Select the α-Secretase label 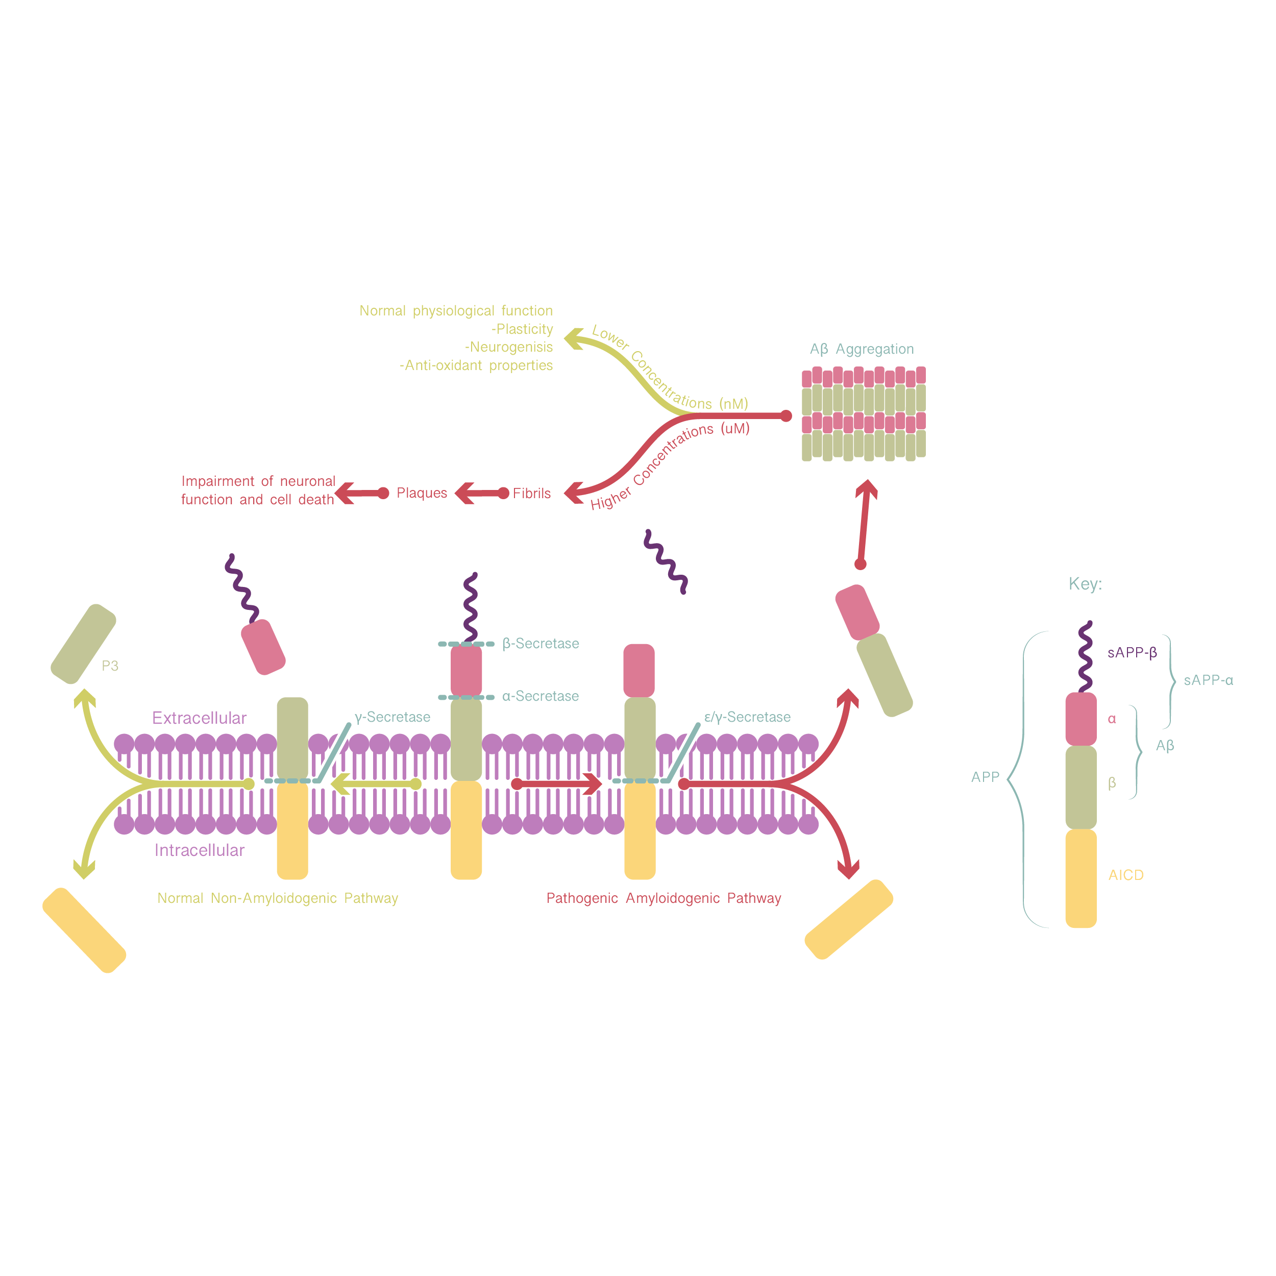click(540, 696)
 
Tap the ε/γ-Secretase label click(747, 717)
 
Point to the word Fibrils click(532, 494)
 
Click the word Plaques click(422, 494)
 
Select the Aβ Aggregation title click(862, 349)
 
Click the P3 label click(110, 666)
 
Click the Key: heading click(1085, 584)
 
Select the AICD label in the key click(1126, 875)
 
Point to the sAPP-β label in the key click(1132, 652)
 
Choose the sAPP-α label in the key click(1208, 680)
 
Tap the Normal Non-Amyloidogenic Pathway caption click(277, 898)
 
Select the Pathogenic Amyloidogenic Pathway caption click(664, 898)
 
